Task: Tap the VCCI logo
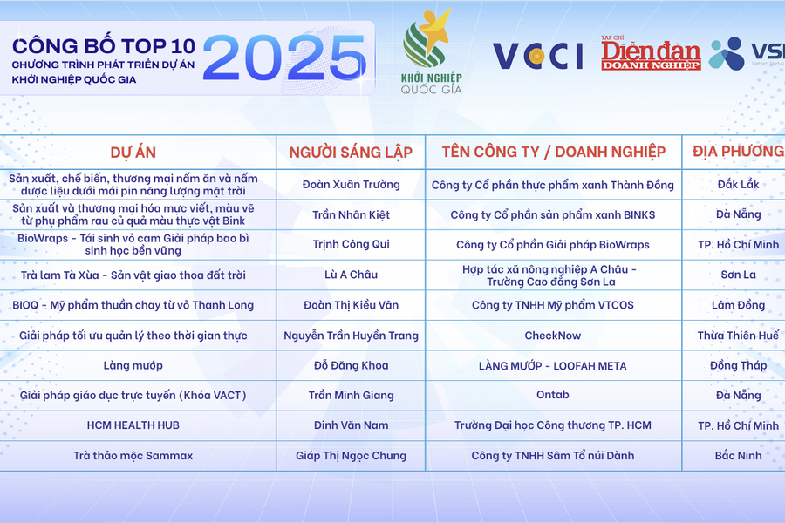pyautogui.click(x=537, y=55)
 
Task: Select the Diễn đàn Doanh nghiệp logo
pyautogui.click(x=650, y=54)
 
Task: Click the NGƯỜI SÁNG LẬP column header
pyautogui.click(x=351, y=152)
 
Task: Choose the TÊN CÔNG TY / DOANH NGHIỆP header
pyautogui.click(x=553, y=152)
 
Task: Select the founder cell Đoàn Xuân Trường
pyautogui.click(x=351, y=185)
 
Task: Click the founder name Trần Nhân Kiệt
pyautogui.click(x=351, y=214)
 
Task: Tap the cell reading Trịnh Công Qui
pyautogui.click(x=351, y=245)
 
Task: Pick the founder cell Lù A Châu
pyautogui.click(x=351, y=275)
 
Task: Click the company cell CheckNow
pyautogui.click(x=553, y=336)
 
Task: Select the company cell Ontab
pyautogui.click(x=553, y=395)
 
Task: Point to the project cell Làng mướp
pyautogui.click(x=133, y=365)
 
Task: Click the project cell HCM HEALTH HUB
pyautogui.click(x=133, y=425)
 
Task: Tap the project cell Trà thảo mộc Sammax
pyautogui.click(x=133, y=455)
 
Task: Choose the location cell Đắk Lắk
pyautogui.click(x=738, y=185)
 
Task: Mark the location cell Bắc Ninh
pyautogui.click(x=738, y=455)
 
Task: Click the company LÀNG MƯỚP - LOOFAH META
pyautogui.click(x=553, y=365)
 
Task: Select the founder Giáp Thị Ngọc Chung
pyautogui.click(x=351, y=455)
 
